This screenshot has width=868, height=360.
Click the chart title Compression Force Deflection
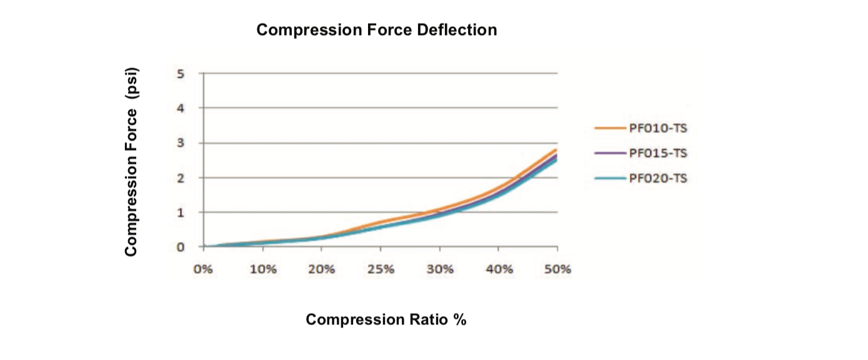pos(377,30)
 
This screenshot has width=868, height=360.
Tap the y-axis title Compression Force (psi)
pos(131,161)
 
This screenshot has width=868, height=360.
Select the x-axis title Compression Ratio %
pos(386,320)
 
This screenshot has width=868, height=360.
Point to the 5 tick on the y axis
pos(181,74)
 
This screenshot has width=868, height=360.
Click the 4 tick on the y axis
pos(181,108)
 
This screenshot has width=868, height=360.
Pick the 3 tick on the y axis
pos(181,143)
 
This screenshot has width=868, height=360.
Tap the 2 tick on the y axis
pos(181,177)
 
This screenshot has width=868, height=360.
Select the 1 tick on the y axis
pos(181,212)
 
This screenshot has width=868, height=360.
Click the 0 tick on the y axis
pos(181,247)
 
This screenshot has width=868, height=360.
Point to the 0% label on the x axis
pos(203,270)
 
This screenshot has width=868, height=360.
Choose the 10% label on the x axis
pos(262,270)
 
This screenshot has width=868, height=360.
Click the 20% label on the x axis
pos(321,270)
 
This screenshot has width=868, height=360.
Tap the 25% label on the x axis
pos(381,270)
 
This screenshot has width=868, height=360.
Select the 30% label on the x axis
pos(439,270)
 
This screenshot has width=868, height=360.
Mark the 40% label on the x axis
pos(499,270)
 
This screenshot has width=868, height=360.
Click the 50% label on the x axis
pos(557,270)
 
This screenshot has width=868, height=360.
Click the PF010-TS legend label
pos(659,129)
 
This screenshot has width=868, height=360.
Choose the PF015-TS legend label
pos(659,153)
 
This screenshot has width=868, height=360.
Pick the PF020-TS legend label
pos(659,178)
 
